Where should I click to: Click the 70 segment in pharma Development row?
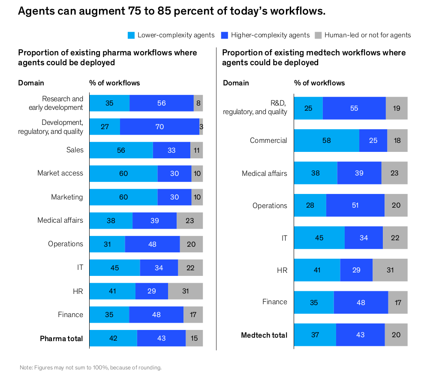159,127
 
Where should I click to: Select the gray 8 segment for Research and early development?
198,103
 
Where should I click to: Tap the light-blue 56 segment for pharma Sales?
121,150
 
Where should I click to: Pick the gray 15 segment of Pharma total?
194,338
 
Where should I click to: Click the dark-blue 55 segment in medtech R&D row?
354,108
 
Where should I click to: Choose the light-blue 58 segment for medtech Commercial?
326,140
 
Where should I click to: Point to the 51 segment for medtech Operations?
355,205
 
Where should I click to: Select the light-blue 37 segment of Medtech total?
315,335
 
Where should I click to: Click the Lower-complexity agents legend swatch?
132,35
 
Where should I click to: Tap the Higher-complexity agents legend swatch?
225,35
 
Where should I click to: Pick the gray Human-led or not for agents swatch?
318,35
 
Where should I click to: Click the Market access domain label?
60,173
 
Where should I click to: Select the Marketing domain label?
67,197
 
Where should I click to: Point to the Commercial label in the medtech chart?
268,140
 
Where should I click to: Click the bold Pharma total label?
61,339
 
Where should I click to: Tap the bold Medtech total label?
264,335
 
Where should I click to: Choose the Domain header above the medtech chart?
235,83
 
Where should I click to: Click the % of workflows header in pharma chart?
114,83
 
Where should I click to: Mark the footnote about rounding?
90,368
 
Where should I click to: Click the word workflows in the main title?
296,12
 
